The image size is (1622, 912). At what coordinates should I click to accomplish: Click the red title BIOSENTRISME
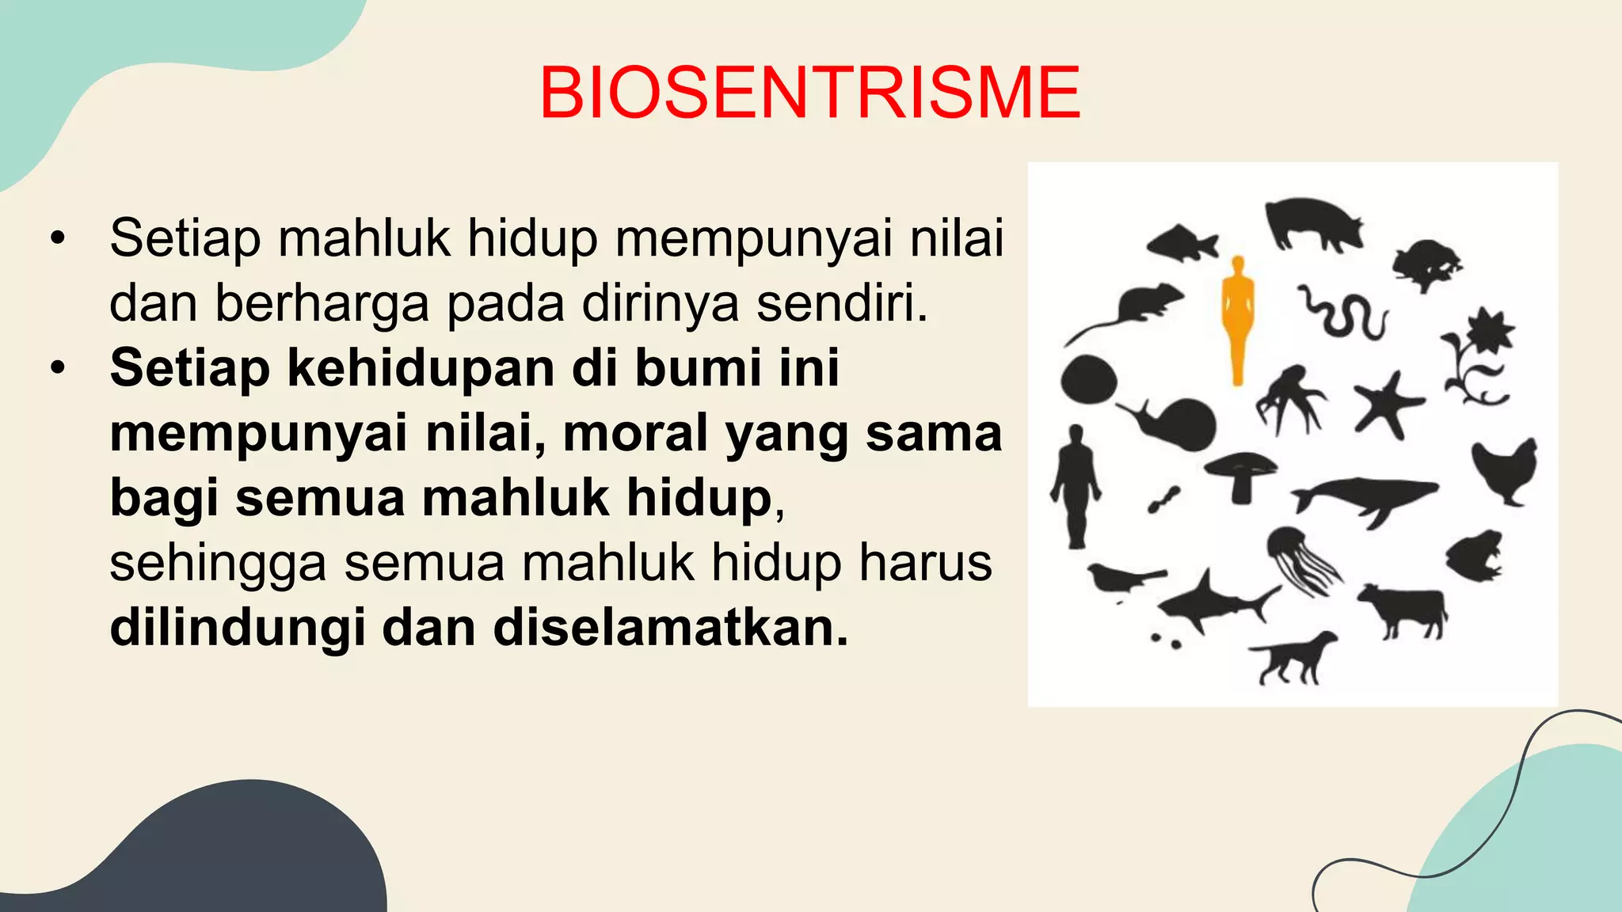coord(809,93)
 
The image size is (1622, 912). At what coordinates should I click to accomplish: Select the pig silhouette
coord(1313,222)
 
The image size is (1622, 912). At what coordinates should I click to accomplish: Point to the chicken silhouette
coord(1505,469)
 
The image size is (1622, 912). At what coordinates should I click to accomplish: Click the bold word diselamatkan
coord(670,628)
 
